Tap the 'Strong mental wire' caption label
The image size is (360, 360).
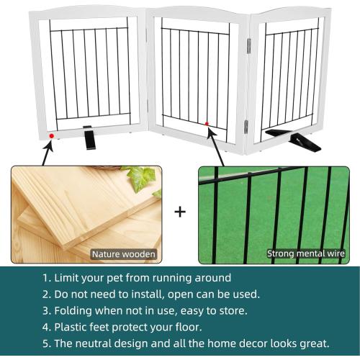click(x=306, y=253)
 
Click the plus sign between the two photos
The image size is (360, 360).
click(x=180, y=212)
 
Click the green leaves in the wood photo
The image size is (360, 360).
click(x=141, y=176)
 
